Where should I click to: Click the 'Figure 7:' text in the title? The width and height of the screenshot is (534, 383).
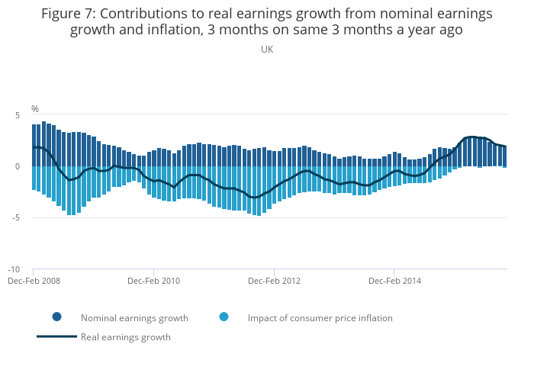tap(67, 14)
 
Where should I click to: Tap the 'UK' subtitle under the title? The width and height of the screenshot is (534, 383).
tap(267, 50)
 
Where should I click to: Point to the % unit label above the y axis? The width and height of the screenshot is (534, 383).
tap(35, 109)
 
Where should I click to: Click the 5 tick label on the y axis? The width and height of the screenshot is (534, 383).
tap(17, 114)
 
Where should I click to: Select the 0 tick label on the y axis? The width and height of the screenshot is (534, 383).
tap(17, 166)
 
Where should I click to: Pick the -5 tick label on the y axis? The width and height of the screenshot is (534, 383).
tap(15, 218)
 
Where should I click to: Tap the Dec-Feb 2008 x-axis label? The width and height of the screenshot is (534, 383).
tap(34, 281)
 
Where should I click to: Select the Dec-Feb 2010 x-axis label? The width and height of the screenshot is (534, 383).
tap(153, 281)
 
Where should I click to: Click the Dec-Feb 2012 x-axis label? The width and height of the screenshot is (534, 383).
tap(274, 281)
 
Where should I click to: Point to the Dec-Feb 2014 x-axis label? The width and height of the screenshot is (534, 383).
tap(394, 281)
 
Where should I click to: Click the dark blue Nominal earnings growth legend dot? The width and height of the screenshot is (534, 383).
tap(57, 317)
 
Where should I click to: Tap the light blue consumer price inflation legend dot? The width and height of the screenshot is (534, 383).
tap(224, 317)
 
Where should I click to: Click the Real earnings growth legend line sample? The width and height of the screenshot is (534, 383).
tap(57, 336)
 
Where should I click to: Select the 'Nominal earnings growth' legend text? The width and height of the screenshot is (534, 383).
tap(134, 318)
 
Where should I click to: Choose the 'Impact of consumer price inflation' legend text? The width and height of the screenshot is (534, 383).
tap(320, 318)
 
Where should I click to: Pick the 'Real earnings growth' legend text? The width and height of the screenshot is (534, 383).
tap(126, 337)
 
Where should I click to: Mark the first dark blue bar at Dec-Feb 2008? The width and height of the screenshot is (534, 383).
tap(34, 145)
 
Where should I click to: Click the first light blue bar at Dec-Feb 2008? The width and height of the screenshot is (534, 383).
tap(34, 178)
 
